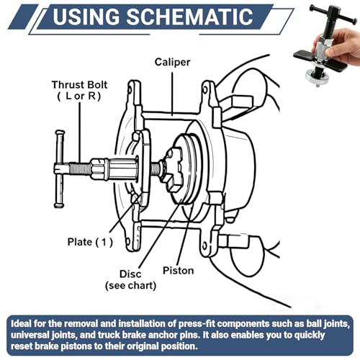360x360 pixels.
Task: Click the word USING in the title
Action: pos(86,17)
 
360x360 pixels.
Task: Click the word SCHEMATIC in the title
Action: pos(189,17)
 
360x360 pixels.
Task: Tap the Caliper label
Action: pos(172,62)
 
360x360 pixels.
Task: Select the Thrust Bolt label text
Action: pos(79,85)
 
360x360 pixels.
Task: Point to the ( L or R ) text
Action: pos(79,96)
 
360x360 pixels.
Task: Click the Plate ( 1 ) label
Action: pos(90,242)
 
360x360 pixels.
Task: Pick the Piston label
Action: pos(179,271)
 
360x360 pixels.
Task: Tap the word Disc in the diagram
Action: pos(130,274)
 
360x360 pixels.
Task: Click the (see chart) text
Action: pos(131,286)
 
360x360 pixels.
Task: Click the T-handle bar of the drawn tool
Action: pos(59,169)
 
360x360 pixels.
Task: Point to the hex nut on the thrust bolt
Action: pos(99,168)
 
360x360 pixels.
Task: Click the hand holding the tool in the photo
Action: pos(340,45)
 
